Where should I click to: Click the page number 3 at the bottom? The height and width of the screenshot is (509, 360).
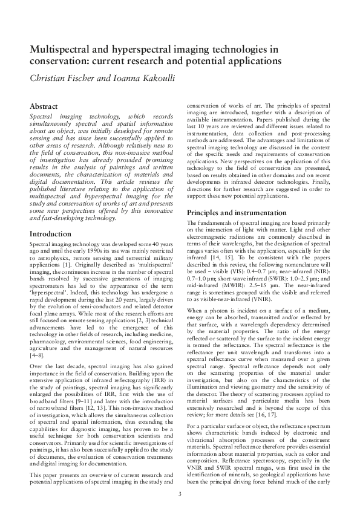[x=180, y=494]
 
